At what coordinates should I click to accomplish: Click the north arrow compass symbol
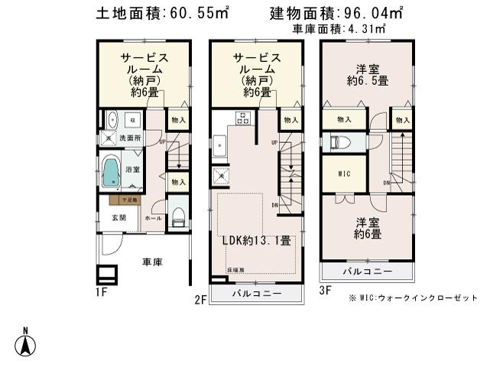pos(25,342)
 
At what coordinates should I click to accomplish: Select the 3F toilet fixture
pos(339,143)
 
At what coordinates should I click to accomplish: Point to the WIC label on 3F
pos(344,174)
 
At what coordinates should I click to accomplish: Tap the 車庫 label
pos(152,262)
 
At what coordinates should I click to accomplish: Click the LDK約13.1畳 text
pos(256,240)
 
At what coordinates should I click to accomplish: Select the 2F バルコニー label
pos(257,294)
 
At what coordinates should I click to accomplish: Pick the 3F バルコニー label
pos(367,272)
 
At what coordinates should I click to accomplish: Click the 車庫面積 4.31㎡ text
pos(339,29)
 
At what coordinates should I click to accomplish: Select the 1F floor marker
pos(102,292)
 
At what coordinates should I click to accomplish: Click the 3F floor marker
pos(324,291)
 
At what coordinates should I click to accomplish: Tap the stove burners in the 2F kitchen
pos(244,119)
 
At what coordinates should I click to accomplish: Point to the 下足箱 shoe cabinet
pos(123,200)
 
